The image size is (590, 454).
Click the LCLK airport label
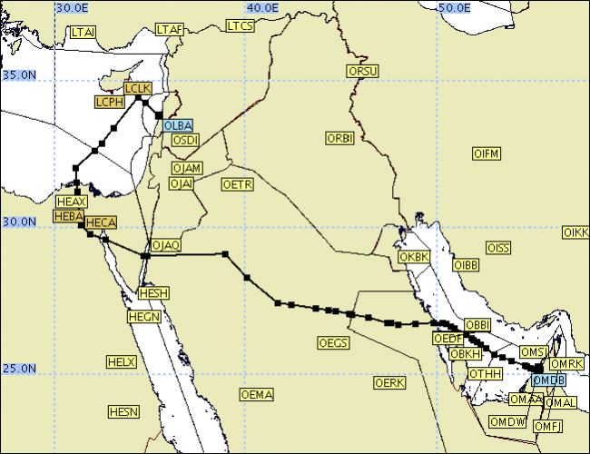coord(137,88)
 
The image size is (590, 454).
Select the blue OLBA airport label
coord(177,125)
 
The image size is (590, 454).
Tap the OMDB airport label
coord(548,380)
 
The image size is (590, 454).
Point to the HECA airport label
coord(100,222)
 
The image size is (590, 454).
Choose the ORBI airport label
coord(339,138)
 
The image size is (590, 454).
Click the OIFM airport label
coord(487,153)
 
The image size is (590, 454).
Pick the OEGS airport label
coord(333,343)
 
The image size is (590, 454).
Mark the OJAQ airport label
coord(166,245)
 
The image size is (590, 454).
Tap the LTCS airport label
coord(240,26)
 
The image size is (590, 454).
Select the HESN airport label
coord(123,412)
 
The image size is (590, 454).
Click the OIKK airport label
coord(575,233)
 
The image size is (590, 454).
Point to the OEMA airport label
coord(256,394)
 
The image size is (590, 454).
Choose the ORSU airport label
coord(362,71)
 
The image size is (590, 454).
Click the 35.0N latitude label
coord(18,75)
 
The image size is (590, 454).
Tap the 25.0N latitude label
coord(18,370)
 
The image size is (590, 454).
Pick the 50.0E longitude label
coord(455,7)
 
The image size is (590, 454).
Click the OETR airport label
coord(238,184)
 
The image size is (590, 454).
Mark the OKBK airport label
coord(413,257)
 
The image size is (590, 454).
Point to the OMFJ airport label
coord(547,426)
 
